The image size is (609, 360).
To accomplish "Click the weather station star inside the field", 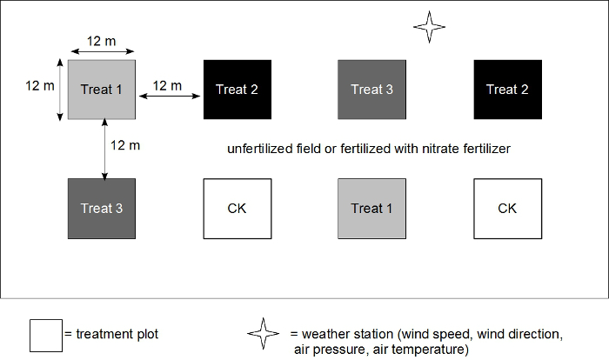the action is [x=430, y=27].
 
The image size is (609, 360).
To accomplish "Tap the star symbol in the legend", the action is [x=264, y=334].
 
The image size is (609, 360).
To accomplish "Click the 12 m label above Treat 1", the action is [x=103, y=41].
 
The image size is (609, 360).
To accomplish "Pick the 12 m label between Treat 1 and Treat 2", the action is [x=167, y=85].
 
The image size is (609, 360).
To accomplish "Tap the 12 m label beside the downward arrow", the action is [x=126, y=145].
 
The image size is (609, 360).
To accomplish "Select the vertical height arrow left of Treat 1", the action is [x=60, y=90].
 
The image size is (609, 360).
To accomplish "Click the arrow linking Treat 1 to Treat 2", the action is [x=170, y=99].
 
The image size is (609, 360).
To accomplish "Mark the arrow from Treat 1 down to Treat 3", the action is [x=105, y=150].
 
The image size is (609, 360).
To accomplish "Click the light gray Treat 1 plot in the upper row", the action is [x=102, y=90].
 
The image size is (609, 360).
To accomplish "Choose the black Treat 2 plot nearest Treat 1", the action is [x=237, y=90].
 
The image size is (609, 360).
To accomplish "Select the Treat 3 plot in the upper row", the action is [x=371, y=90].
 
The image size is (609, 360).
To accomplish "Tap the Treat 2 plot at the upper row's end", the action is [x=506, y=90].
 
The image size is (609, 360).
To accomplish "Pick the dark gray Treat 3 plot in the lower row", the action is [x=102, y=209].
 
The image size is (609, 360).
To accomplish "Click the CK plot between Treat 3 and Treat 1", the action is [x=237, y=209].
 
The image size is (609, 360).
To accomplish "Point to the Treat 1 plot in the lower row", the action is [x=371, y=209].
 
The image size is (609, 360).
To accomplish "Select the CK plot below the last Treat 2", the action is [x=506, y=209].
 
